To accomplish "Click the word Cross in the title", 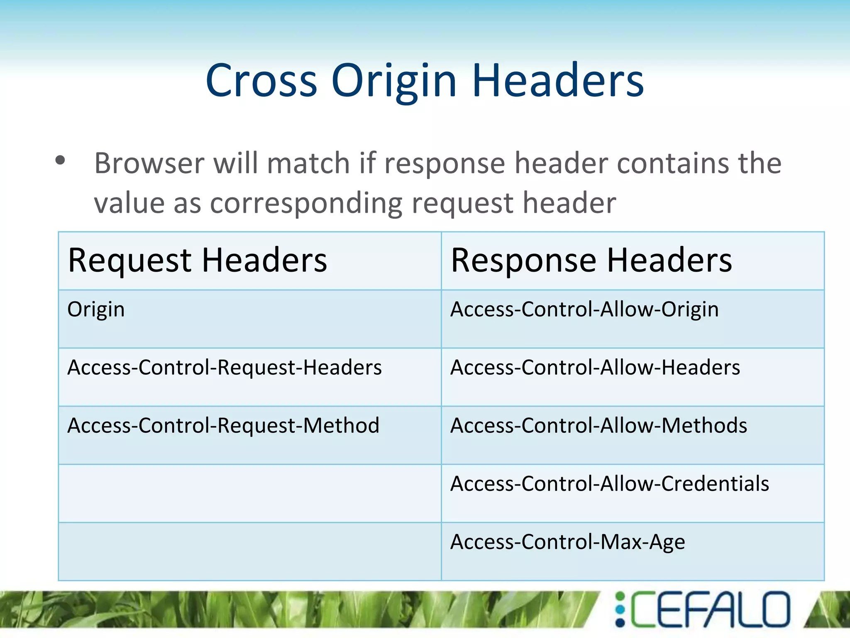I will tap(261, 81).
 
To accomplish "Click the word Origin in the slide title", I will tap(394, 81).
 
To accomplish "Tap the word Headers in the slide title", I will tap(558, 81).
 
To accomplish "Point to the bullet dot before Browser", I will tap(61, 160).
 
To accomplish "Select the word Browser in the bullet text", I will tap(149, 163).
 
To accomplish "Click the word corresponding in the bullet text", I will tap(306, 203).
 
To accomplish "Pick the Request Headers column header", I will tap(198, 260).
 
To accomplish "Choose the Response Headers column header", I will tap(591, 260).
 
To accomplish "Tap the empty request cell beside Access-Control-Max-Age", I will tap(249, 551).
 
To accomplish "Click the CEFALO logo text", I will tap(710, 609).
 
